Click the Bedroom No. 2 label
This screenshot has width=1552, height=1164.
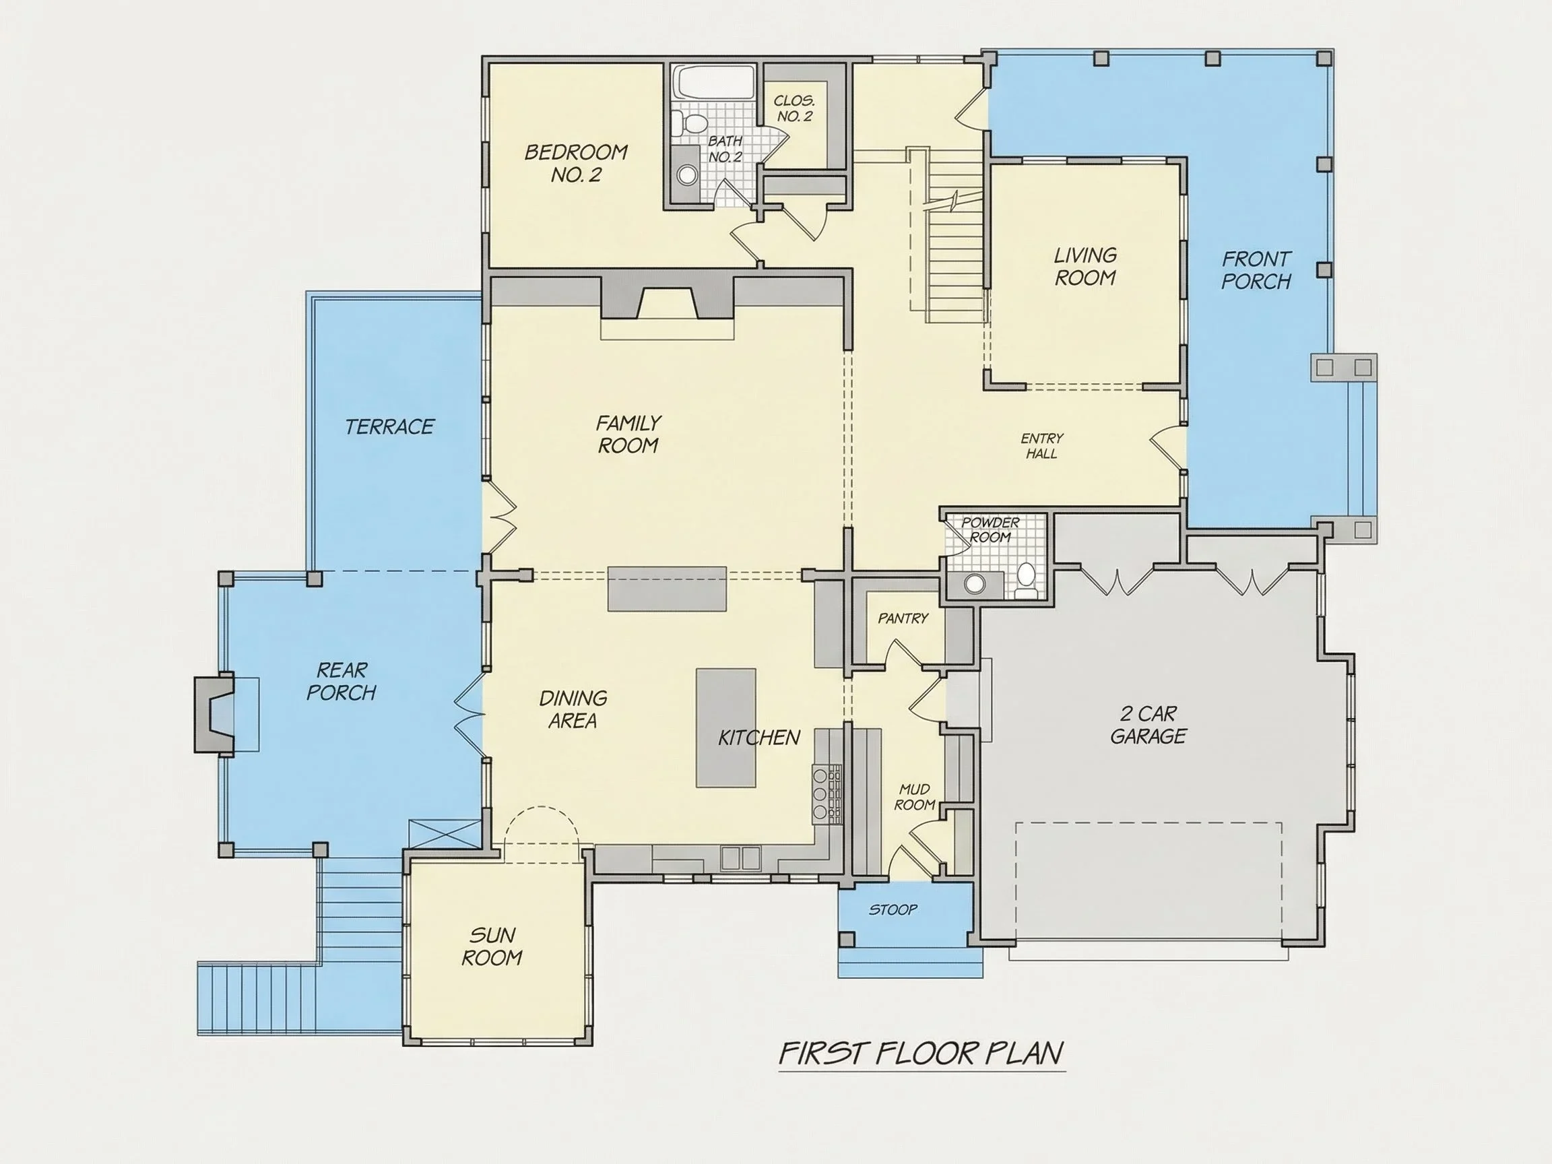point(576,163)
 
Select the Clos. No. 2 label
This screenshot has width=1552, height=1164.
point(794,108)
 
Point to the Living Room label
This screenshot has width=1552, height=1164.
point(1085,267)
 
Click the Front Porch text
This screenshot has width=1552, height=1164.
point(1256,270)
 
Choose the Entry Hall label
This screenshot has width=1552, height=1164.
point(1042,445)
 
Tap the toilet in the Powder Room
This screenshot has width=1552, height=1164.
point(1026,580)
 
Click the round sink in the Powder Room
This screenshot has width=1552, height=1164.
point(974,583)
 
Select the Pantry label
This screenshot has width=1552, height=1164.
point(903,618)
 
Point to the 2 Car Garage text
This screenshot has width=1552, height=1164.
point(1148,725)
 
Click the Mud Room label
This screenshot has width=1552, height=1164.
point(914,797)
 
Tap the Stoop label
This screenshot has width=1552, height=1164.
point(893,910)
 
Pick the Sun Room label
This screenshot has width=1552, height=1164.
point(492,946)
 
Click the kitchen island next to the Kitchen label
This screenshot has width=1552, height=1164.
point(726,728)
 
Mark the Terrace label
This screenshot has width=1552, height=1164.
point(389,426)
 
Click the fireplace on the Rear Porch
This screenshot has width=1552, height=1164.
point(214,715)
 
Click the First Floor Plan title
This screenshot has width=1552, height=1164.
point(922,1053)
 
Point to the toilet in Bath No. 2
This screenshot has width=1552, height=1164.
point(689,123)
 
